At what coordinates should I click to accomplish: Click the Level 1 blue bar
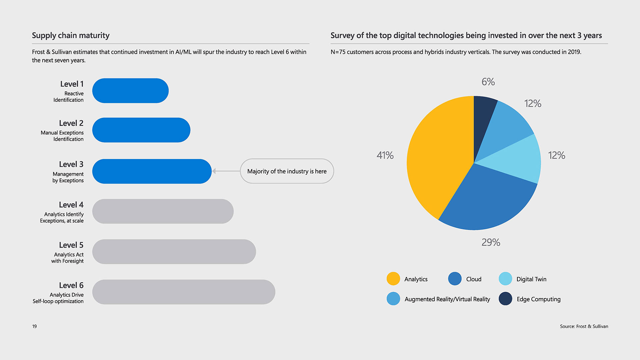[x=130, y=91]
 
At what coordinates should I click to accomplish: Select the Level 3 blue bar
[x=152, y=171]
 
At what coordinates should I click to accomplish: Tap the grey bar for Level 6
[x=184, y=292]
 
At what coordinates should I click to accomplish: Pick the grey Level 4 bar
[x=163, y=211]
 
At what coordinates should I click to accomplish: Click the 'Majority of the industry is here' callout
[x=287, y=171]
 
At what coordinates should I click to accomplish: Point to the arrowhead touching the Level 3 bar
[x=214, y=171]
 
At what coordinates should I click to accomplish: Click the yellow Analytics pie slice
[x=437, y=157]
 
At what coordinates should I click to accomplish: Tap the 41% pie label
[x=385, y=155]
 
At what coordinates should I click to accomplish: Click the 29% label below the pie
[x=491, y=242]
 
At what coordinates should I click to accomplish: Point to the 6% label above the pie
[x=488, y=82]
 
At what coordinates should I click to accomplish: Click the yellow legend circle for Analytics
[x=393, y=279]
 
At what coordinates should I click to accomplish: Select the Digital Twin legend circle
[x=505, y=279]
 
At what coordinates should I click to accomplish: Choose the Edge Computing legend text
[x=538, y=299]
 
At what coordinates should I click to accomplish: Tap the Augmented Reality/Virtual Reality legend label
[x=447, y=299]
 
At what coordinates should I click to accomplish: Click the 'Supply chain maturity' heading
[x=71, y=35]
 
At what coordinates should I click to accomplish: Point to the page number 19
[x=34, y=326]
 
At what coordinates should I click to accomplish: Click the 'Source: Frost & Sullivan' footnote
[x=584, y=326]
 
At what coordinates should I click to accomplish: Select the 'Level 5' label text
[x=71, y=245]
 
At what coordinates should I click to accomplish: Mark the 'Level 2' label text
[x=71, y=123]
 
